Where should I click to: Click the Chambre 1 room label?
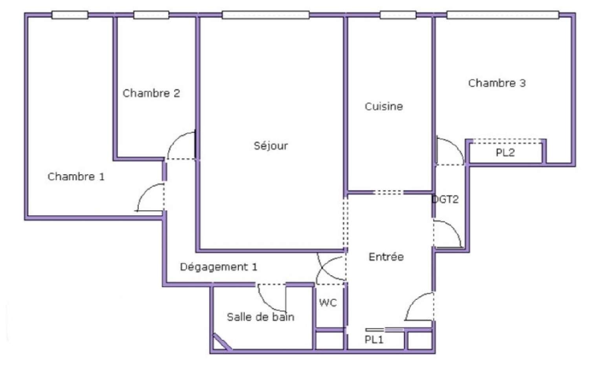[76, 177]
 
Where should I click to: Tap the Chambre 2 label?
[151, 93]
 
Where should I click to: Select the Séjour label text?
[271, 146]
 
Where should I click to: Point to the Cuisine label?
[384, 106]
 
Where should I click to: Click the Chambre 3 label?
[497, 83]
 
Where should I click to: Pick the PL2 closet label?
[505, 153]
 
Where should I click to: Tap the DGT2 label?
[445, 200]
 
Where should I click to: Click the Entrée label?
[386, 257]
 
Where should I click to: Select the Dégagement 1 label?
[218, 267]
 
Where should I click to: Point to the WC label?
[328, 303]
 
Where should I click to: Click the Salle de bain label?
[260, 317]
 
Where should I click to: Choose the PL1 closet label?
[374, 340]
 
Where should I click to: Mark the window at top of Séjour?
[265, 15]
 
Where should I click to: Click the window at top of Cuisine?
[398, 15]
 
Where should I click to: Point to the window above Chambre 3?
[503, 15]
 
